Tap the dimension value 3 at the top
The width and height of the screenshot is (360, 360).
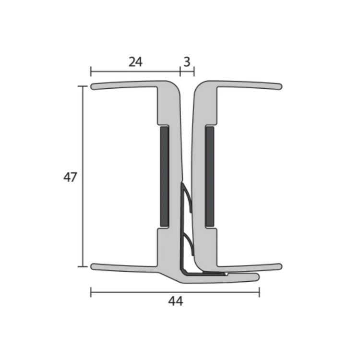tap(187, 62)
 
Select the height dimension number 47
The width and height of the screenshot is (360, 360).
tap(70, 177)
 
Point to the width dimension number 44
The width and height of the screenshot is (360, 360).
tap(176, 301)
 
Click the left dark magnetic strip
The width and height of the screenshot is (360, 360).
tap(164, 176)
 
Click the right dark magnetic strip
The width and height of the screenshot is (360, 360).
tap(210, 176)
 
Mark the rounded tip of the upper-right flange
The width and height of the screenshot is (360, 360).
tap(279, 87)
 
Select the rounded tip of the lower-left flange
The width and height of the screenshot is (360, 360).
tap(93, 266)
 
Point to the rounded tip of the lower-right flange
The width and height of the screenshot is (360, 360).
tap(279, 266)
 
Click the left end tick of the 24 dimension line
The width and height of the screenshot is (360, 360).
tap(91, 72)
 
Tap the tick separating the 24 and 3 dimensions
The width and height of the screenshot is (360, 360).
tap(180, 72)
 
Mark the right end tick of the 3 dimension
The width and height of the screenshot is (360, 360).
tap(194, 72)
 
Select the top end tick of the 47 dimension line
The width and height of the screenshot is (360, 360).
tap(83, 86)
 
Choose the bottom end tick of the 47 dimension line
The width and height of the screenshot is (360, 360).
tap(83, 266)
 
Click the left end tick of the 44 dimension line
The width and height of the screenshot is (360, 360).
tap(91, 291)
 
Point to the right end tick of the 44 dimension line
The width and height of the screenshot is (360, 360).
tap(259, 291)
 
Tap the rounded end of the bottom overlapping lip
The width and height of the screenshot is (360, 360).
tap(258, 277)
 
